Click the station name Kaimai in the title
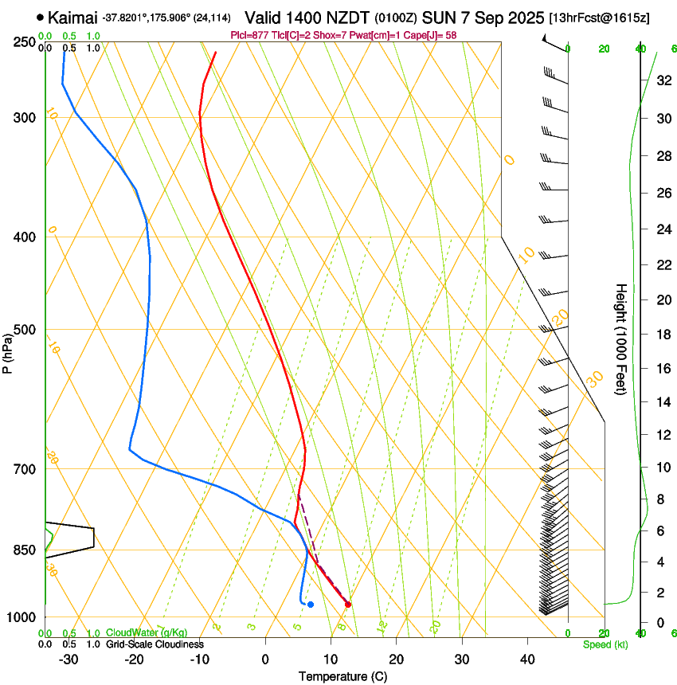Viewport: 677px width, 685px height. point(72,17)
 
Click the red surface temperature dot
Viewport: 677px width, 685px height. point(348,605)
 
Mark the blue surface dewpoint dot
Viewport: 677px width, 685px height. point(310,605)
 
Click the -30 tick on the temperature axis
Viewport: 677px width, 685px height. point(68,660)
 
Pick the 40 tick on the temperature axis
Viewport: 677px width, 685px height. point(526,660)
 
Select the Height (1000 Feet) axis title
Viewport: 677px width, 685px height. point(621,339)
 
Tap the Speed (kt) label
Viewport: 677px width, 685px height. point(605,644)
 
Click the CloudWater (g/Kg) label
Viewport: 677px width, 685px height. point(147,633)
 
